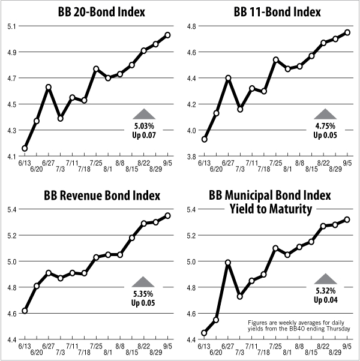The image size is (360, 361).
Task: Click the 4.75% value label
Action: tap(325, 127)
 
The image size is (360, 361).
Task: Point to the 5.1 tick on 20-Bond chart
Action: tap(11, 26)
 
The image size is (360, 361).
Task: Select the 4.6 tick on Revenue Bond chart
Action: tap(11, 313)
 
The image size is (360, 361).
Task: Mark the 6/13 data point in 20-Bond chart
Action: tap(25, 148)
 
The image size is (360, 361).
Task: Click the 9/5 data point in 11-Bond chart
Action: tap(347, 32)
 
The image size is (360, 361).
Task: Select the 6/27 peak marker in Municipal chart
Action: tap(228, 262)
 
